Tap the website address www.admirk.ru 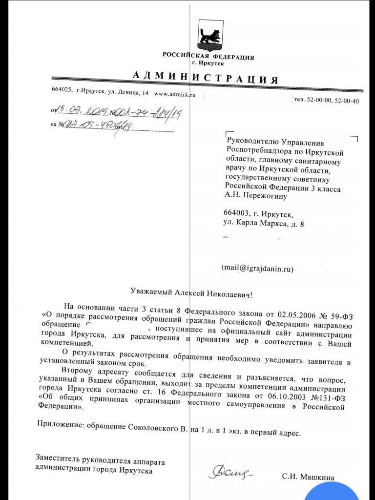(174, 94)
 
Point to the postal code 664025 (62, 90)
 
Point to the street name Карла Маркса (268, 224)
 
